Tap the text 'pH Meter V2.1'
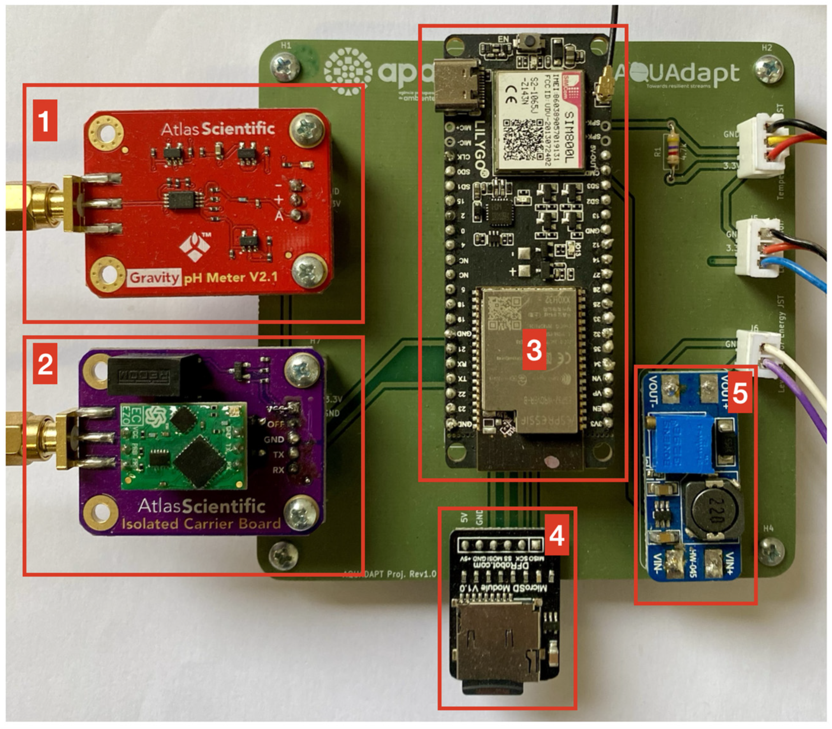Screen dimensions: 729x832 [x=230, y=278]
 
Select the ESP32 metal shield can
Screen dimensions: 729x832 [x=529, y=358]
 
